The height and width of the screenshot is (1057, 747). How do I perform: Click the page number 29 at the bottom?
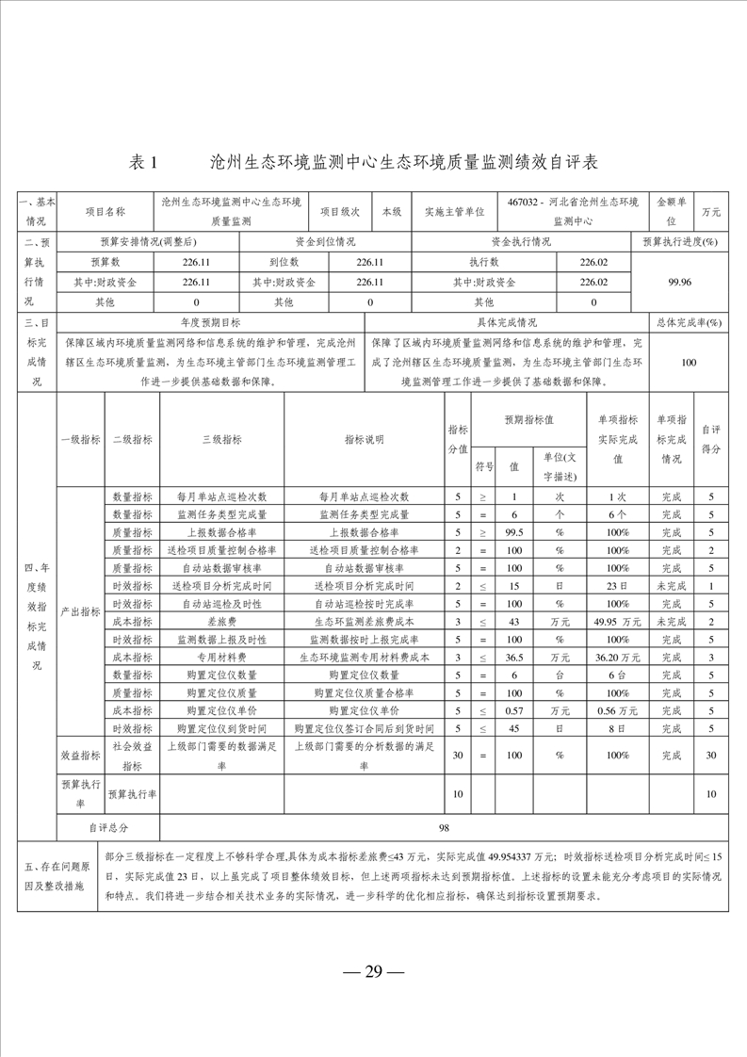click(373, 972)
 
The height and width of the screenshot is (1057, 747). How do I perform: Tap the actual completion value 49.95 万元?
click(618, 622)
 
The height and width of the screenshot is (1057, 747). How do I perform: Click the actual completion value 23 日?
click(618, 586)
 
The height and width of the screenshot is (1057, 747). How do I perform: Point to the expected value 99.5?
click(514, 532)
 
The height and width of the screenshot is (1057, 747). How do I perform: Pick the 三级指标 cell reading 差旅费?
click(222, 622)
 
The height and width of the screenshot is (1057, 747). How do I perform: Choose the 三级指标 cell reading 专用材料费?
click(222, 658)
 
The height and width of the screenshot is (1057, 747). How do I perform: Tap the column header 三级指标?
click(222, 439)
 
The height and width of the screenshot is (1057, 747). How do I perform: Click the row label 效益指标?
click(81, 755)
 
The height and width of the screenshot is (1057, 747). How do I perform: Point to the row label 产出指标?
click(81, 612)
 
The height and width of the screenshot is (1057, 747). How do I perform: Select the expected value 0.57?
click(514, 710)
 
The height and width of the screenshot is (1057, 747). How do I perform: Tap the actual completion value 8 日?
click(618, 728)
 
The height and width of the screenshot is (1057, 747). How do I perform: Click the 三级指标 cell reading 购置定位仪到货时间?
click(222, 728)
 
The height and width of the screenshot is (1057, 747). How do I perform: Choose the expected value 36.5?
click(514, 658)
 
